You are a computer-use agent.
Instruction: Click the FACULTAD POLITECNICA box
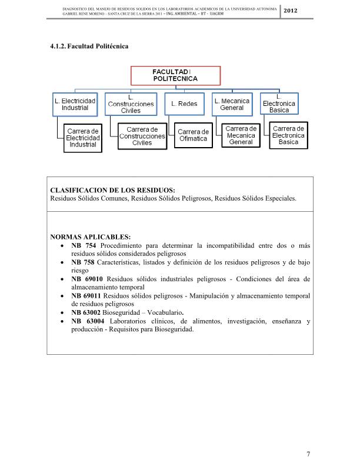tap(175, 74)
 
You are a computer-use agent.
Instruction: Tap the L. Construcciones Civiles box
tap(131, 104)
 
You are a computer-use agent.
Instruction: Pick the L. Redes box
tap(184, 104)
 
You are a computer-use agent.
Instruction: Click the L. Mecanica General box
tap(232, 104)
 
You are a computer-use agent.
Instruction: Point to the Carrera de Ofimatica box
tap(194, 135)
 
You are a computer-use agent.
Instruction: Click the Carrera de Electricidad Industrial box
tap(83, 137)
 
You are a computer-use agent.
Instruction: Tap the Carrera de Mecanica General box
tap(241, 135)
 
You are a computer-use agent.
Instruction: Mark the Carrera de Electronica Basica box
tap(288, 135)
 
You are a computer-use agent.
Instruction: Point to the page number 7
tap(308, 454)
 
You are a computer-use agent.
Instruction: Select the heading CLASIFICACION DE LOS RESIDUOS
tap(114, 189)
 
